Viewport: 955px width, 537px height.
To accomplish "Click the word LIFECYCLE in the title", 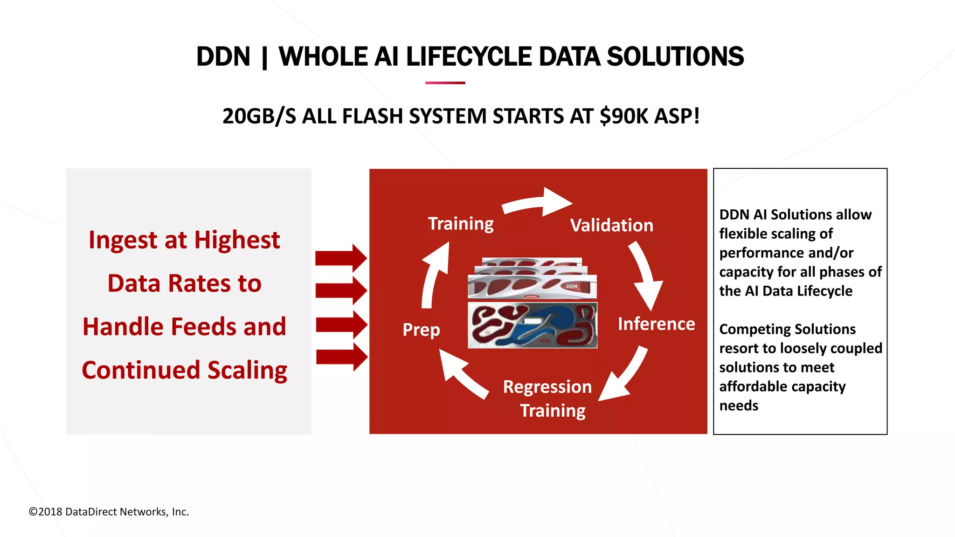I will point(469,57).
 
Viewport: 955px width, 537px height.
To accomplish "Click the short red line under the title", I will point(445,83).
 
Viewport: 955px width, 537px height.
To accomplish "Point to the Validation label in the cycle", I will point(611,226).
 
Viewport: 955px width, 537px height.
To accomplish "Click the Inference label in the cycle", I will point(656,324).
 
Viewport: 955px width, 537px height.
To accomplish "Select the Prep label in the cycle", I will point(421,330).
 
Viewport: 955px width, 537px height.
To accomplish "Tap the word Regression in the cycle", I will point(547,387).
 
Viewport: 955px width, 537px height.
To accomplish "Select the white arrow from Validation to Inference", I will point(646,275).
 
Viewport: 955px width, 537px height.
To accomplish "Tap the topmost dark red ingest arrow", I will point(341,258).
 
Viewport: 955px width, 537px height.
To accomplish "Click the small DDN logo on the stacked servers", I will point(572,286).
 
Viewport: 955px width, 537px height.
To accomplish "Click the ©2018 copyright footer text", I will point(109,512).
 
